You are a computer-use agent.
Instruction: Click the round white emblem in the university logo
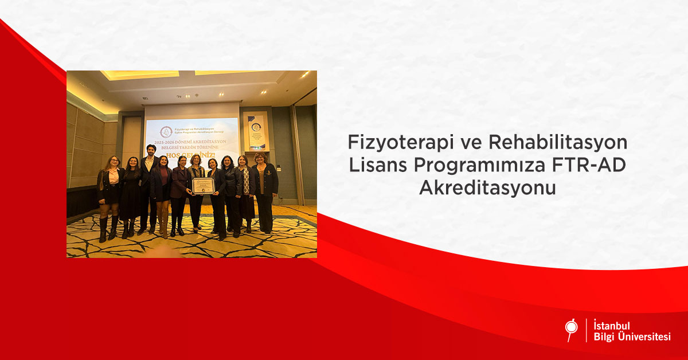click(x=571, y=327)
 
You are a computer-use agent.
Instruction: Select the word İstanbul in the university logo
click(x=613, y=326)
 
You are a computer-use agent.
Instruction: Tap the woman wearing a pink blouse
click(x=111, y=189)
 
